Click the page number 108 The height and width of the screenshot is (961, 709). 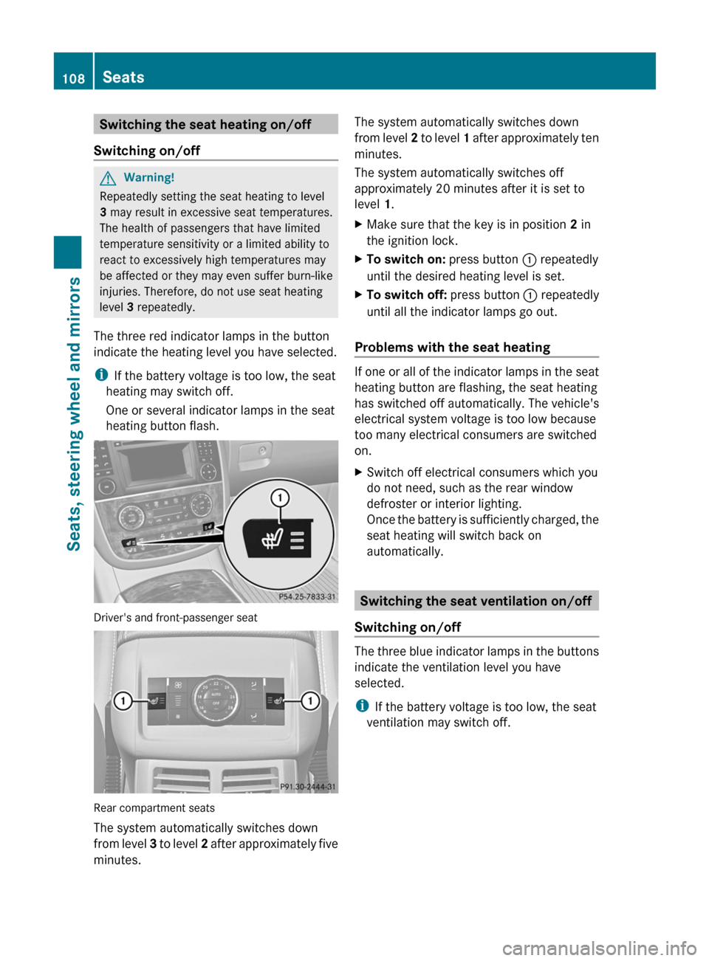73,78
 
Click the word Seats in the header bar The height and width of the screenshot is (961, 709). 123,77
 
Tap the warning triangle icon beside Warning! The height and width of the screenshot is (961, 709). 109,178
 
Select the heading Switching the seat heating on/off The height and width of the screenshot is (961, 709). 205,125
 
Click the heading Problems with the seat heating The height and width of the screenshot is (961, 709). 452,348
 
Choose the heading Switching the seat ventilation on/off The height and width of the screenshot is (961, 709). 476,601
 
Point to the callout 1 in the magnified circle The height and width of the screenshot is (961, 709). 280,497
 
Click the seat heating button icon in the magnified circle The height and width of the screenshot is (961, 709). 278,538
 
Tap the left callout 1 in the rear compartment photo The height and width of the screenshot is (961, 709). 123,700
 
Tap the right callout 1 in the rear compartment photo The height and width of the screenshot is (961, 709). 310,700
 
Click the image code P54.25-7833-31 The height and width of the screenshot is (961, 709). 307,596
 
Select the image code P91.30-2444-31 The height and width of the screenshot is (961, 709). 307,787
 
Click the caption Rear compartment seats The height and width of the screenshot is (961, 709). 154,808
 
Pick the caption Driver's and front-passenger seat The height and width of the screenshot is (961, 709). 176,618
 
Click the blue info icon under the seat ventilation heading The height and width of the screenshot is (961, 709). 362,706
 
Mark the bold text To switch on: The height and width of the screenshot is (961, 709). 405,260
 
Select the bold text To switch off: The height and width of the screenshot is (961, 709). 406,295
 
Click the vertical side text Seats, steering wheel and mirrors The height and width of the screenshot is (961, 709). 73,413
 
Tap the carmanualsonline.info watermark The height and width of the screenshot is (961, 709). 599,948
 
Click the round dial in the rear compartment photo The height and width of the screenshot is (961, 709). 216,697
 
